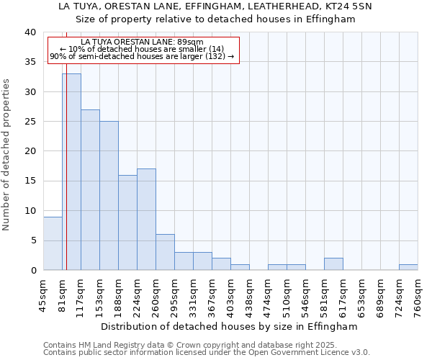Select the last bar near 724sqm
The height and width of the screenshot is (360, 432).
[x=408, y=267]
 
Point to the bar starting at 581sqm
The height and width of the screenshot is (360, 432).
[x=333, y=264]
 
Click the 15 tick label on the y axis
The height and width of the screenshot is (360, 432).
[x=30, y=181]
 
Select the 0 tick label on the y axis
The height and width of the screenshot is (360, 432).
[x=33, y=270]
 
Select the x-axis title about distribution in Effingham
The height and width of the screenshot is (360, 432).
[x=229, y=326]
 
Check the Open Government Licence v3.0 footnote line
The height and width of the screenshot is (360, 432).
[x=207, y=352]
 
